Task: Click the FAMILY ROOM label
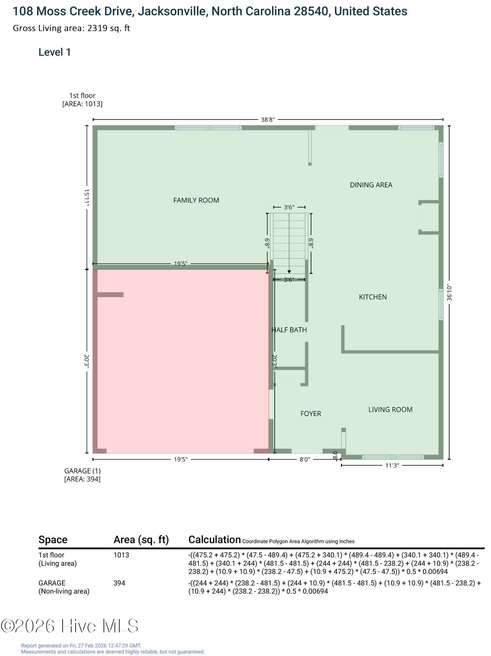point(196,200)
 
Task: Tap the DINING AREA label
point(371,185)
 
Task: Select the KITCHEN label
point(373,297)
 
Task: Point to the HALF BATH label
point(289,330)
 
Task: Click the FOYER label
point(311,414)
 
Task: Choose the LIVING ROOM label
point(390,409)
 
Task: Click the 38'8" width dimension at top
point(268,119)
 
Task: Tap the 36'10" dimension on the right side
point(449,293)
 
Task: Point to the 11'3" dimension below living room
point(392,465)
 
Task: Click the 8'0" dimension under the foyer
point(305,460)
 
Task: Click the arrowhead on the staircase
point(289,272)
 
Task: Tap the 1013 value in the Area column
point(121,555)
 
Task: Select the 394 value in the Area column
point(119,583)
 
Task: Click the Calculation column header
point(215,540)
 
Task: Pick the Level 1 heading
point(55,52)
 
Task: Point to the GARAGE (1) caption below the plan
point(82,471)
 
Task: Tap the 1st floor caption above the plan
point(82,95)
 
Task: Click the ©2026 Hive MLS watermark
point(69,626)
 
